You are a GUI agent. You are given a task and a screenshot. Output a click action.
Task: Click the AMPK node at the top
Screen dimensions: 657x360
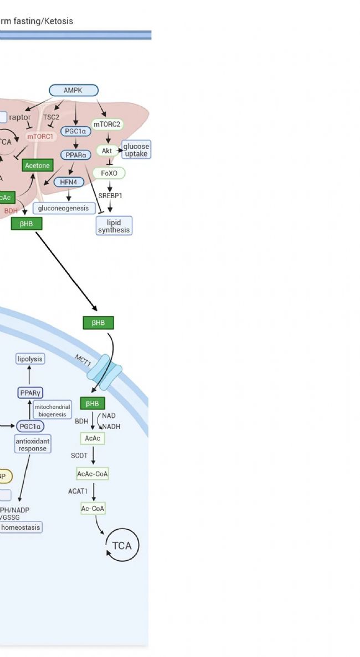[74, 90]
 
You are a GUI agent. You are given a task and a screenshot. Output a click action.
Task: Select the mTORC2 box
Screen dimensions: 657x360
[107, 124]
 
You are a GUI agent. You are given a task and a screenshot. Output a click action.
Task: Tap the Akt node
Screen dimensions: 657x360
[107, 151]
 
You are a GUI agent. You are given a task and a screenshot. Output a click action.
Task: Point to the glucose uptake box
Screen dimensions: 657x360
[136, 149]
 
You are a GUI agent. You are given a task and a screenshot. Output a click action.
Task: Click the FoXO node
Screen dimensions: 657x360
[109, 173]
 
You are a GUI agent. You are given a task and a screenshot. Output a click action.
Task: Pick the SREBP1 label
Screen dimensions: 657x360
[110, 195]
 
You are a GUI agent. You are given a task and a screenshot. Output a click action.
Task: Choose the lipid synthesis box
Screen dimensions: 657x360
[114, 226]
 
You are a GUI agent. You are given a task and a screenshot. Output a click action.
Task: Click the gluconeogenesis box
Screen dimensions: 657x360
[63, 208]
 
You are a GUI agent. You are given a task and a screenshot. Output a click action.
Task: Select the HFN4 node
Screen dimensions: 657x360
[69, 182]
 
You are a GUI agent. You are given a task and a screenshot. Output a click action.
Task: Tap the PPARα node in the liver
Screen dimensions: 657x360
[75, 155]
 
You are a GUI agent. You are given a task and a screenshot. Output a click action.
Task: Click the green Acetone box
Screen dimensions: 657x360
[37, 165]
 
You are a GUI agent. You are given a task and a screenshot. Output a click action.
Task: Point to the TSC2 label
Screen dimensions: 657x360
[51, 117]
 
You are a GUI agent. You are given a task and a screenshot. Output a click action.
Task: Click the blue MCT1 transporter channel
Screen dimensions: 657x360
[107, 373]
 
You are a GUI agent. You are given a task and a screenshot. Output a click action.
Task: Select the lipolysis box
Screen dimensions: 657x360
[30, 359]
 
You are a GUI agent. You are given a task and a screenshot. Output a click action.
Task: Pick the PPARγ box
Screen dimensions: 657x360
[31, 392]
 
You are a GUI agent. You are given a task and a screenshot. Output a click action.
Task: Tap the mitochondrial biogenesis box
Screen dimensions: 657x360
[53, 411]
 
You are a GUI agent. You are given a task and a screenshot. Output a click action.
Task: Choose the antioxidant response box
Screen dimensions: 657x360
[33, 444]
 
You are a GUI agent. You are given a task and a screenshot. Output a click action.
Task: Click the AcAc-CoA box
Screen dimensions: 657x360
[92, 474]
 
